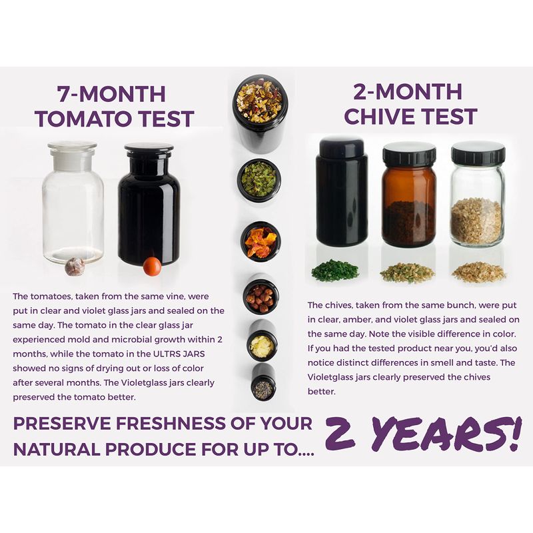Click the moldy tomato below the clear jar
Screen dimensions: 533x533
coord(75,266)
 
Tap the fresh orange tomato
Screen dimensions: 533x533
coord(152,266)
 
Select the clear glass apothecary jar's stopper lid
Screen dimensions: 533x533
coord(72,155)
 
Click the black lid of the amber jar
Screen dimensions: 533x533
coord(409,154)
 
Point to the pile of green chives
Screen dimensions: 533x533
coord(335,270)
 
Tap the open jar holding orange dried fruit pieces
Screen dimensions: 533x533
coord(261,241)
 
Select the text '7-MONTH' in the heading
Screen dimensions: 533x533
coord(111,94)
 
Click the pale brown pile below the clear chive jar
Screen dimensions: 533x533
coord(478,272)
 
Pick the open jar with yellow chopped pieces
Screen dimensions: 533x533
coord(262,341)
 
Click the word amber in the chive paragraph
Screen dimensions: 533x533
coord(357,320)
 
